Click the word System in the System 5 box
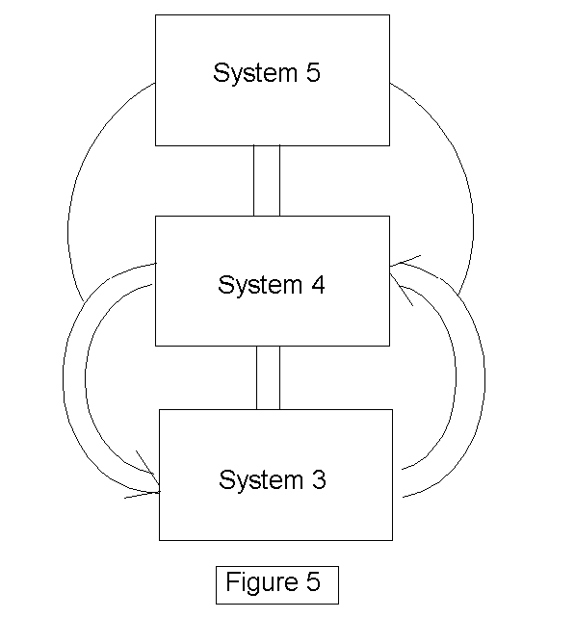255,72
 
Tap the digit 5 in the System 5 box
313,72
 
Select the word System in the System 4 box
260,285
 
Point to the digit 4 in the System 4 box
318,284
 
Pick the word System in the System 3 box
261,479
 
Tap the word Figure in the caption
262,582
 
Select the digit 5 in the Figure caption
314,581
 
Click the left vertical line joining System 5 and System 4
253,181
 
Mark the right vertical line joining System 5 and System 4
279,181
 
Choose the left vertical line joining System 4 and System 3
256,377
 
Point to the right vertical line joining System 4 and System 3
279,377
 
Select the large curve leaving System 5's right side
473,205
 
